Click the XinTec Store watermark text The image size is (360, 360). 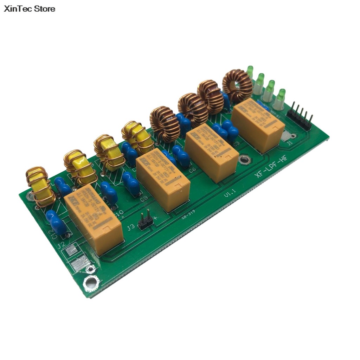click(30, 9)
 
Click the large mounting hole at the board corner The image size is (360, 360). click(91, 282)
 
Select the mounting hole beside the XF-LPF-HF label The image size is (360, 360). click(244, 160)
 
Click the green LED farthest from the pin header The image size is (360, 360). click(250, 72)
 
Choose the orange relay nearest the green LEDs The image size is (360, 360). click(258, 124)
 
